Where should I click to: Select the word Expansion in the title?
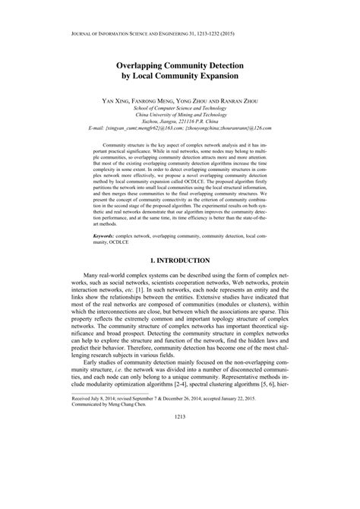(219, 77)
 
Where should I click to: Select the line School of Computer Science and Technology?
(179, 108)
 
